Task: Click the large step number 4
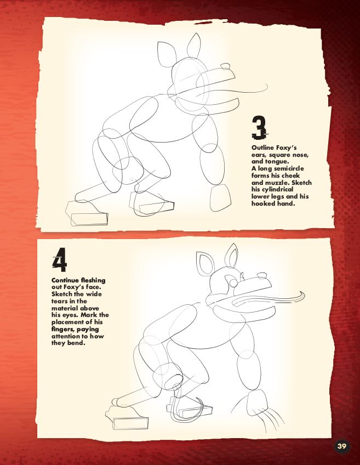[x=60, y=259]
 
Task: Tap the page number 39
[x=341, y=446]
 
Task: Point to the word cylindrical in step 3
[x=277, y=190]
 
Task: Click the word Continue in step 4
[x=64, y=280]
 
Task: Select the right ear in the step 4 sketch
[x=231, y=255]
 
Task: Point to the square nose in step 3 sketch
[x=225, y=66]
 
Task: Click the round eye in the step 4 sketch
[x=234, y=283]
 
